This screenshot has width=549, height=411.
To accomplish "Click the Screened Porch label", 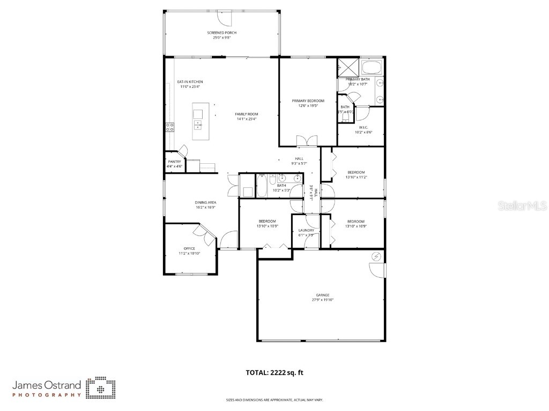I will click(221, 33).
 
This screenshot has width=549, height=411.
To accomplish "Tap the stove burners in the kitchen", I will click(169, 127).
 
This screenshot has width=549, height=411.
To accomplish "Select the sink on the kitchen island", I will click(198, 125).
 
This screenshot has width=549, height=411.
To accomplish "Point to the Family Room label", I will click(247, 114).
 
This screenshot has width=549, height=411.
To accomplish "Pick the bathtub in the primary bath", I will click(370, 67).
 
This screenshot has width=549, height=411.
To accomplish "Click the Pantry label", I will click(174, 162).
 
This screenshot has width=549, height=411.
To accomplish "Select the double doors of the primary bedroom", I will click(307, 140).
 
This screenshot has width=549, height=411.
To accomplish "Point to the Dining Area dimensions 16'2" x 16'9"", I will click(205, 207).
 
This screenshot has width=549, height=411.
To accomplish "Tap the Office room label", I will click(189, 248).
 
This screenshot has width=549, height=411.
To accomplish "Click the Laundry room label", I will click(306, 231).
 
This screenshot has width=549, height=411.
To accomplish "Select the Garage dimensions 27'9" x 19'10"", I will click(322, 300).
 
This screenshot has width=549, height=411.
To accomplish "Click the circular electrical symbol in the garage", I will click(376, 257).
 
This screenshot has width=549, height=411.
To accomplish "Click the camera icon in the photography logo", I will click(101, 388).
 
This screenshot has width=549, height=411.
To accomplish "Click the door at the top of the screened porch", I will click(227, 18).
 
